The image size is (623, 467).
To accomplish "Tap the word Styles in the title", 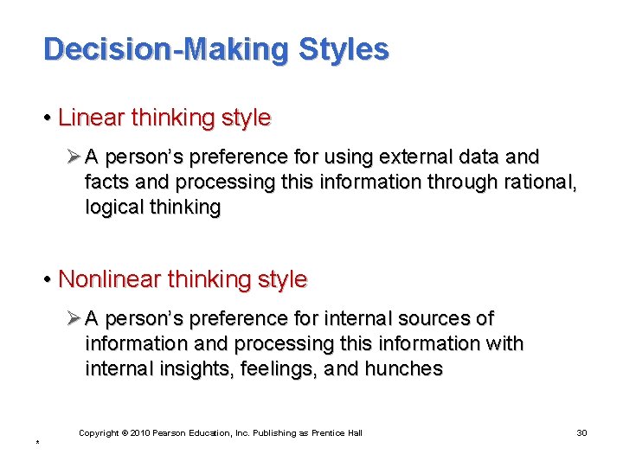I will click(344, 49).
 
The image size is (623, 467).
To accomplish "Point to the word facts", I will click(106, 182).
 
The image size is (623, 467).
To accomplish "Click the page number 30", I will click(581, 432).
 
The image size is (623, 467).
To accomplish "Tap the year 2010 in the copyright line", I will click(141, 432).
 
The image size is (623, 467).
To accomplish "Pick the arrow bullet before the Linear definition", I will click(74, 157).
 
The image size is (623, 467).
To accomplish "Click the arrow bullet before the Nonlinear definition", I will click(74, 319).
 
